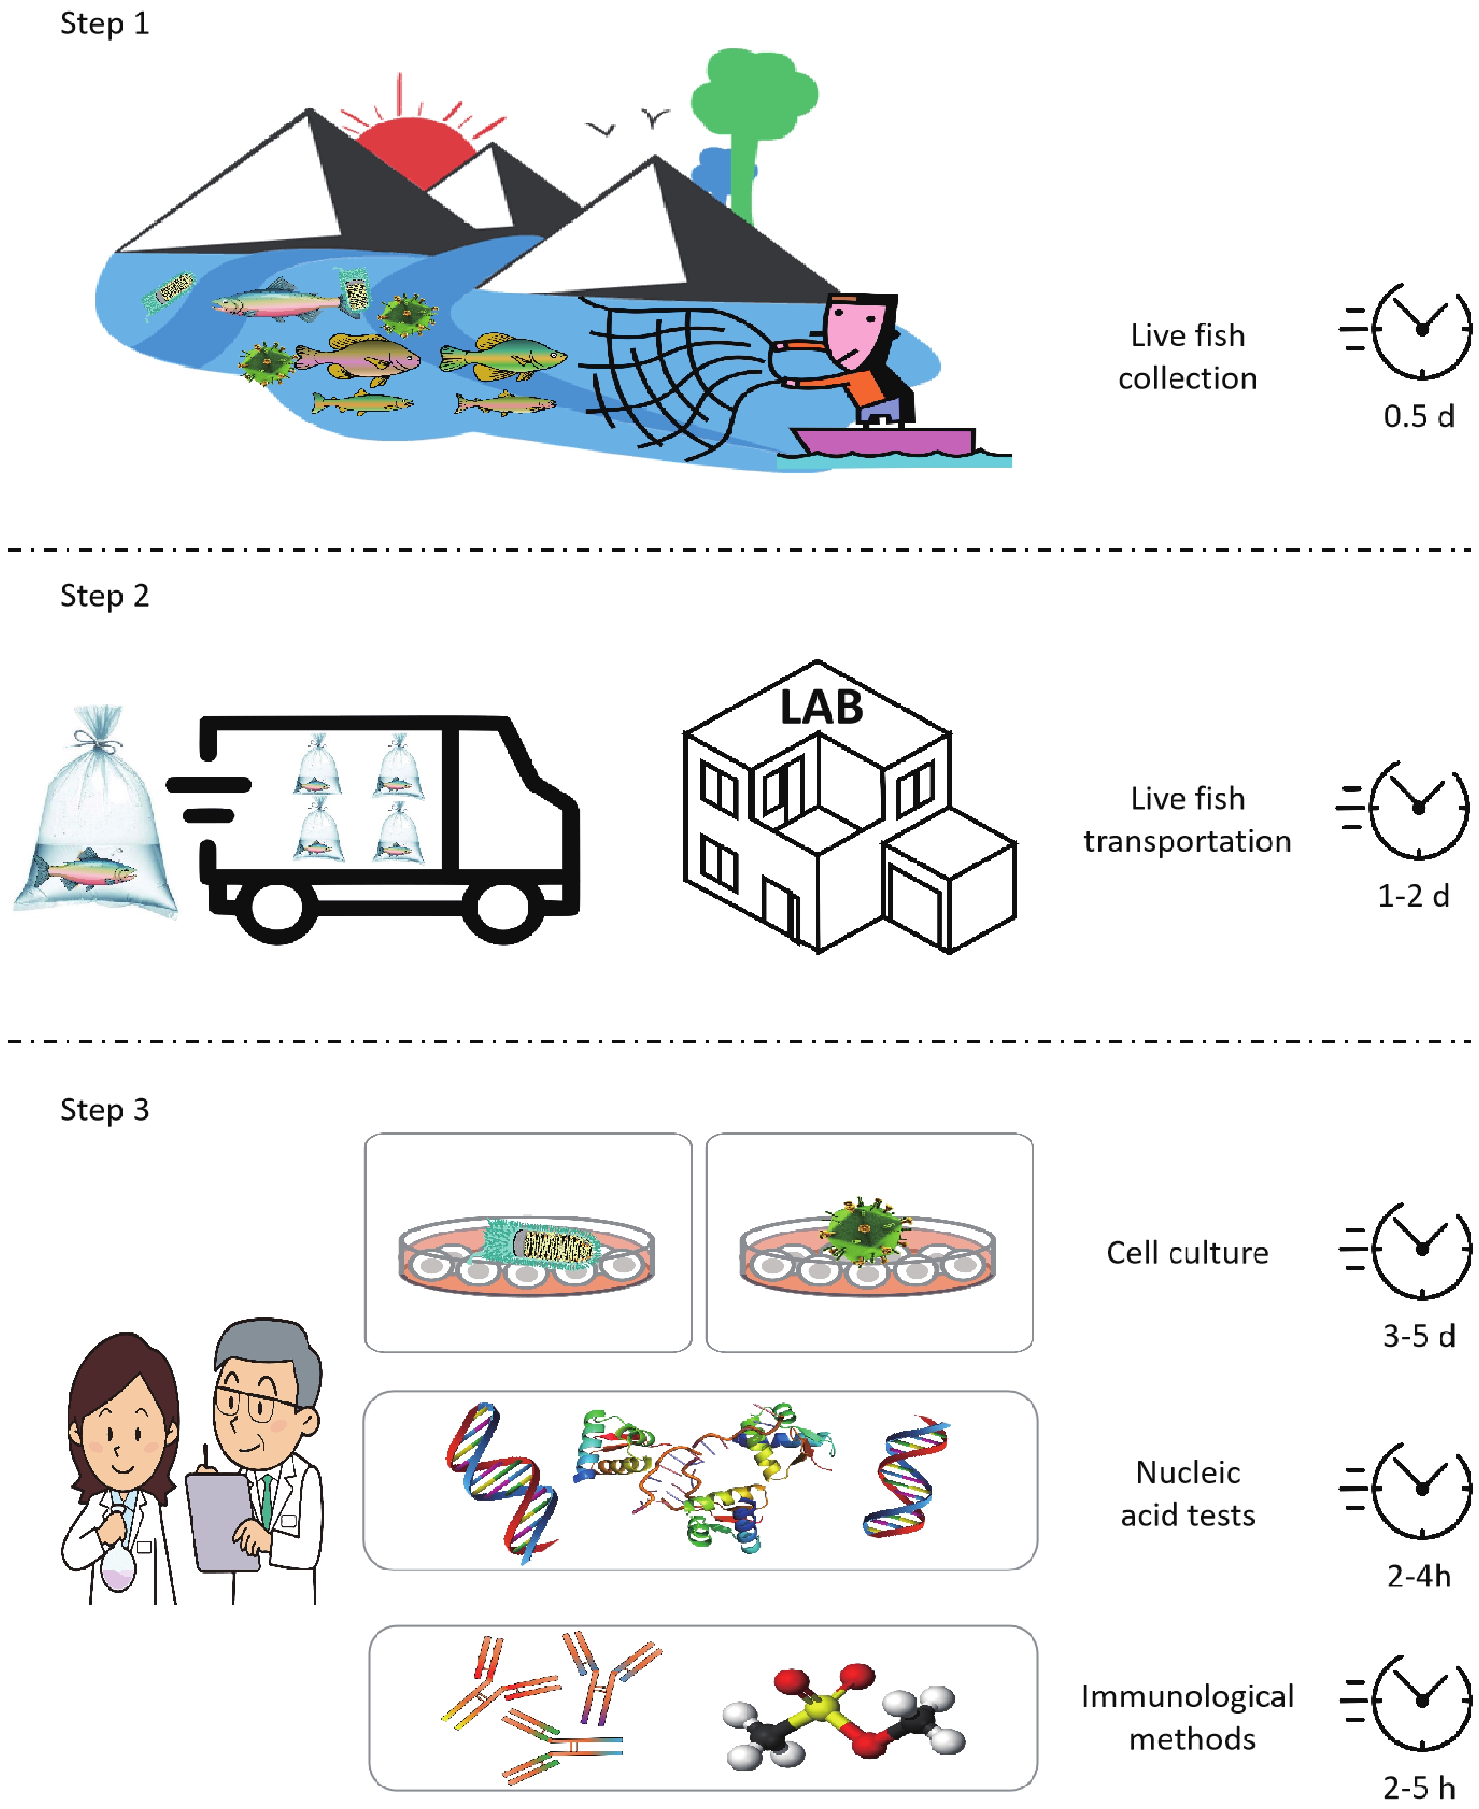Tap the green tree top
click(x=754, y=94)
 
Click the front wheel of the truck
click(x=503, y=909)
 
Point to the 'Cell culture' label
click(x=1187, y=1253)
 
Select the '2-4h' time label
click(x=1418, y=1577)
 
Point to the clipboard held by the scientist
click(x=223, y=1520)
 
